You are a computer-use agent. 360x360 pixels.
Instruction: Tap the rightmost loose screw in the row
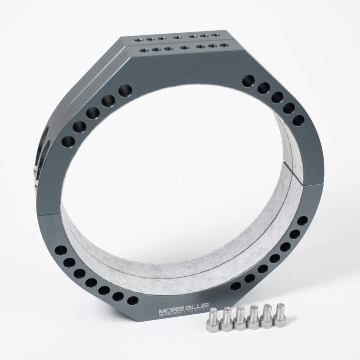pyautogui.click(x=279, y=318)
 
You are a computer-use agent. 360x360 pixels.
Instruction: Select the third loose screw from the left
pyautogui.click(x=240, y=319)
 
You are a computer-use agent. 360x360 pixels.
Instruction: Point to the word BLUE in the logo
pyautogui.click(x=196, y=308)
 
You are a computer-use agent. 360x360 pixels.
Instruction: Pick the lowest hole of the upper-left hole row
pyautogui.click(x=68, y=142)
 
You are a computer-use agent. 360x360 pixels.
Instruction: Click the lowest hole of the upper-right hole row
pyautogui.click(x=298, y=120)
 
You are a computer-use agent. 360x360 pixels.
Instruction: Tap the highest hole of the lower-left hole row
pyautogui.click(x=61, y=251)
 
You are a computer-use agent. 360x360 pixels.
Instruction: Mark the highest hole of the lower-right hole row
pyautogui.click(x=303, y=221)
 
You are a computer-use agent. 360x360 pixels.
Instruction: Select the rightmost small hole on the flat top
pyautogui.click(x=225, y=45)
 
